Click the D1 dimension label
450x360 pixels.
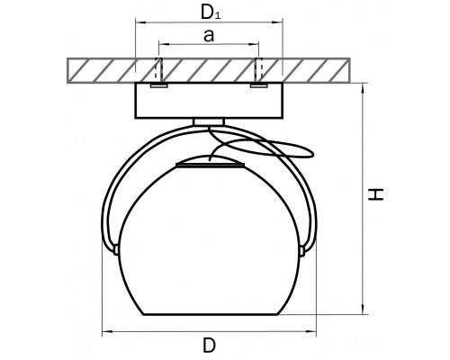click(211, 13)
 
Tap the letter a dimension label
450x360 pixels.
click(209, 36)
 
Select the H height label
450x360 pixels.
click(376, 194)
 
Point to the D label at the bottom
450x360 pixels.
click(209, 345)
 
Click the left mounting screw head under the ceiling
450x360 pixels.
click(159, 85)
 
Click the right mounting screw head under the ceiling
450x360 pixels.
click(258, 85)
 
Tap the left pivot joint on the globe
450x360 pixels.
click(116, 250)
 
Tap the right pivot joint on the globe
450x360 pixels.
click(302, 250)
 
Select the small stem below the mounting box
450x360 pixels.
click(209, 121)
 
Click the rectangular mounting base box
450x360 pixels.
click(209, 100)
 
